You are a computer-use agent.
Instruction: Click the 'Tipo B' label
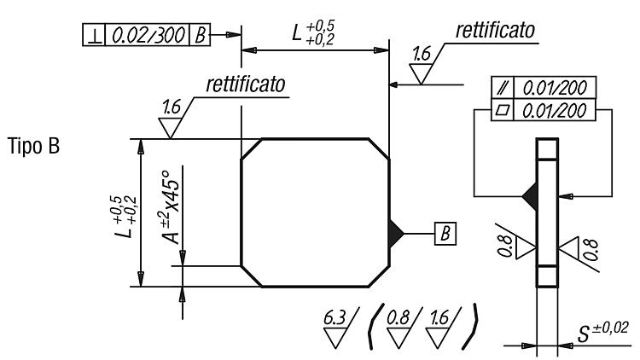point(33,146)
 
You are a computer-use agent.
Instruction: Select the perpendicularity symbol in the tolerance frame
point(94,35)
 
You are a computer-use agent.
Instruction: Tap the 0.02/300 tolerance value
point(148,35)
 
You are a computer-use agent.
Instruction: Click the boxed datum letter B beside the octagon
point(445,234)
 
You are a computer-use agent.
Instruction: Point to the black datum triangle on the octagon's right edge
point(396,234)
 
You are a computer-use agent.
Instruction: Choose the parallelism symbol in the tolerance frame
point(503,87)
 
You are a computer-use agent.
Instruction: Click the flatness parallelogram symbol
point(503,110)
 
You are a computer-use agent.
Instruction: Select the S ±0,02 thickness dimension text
point(602,332)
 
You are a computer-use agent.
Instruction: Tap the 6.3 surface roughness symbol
point(340,328)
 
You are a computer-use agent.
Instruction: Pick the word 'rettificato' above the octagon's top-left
point(246,84)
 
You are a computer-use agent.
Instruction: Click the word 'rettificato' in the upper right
point(495,30)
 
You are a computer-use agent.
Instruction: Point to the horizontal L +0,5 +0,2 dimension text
point(313,32)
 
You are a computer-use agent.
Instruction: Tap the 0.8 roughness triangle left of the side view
point(525,247)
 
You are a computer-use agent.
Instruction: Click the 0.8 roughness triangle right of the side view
point(569,247)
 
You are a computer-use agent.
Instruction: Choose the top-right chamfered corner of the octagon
point(379,149)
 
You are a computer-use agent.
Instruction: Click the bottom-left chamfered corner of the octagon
point(252,276)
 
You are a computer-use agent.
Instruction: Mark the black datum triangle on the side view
point(530,196)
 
